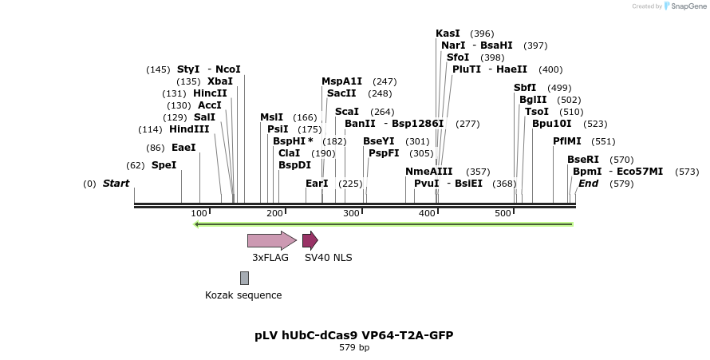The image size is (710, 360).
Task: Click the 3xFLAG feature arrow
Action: tap(271, 240)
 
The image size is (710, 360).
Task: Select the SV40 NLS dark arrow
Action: tap(310, 240)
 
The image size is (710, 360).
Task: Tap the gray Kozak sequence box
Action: tap(244, 278)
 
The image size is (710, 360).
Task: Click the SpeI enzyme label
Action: tap(164, 165)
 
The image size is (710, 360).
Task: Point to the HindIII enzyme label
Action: tap(189, 129)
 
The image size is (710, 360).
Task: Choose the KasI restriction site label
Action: tap(448, 34)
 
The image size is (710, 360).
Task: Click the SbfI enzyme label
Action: tap(525, 88)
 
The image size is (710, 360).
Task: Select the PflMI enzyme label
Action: tap(567, 141)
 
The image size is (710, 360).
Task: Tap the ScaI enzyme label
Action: tap(347, 112)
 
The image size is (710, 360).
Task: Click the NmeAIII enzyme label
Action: tap(428, 172)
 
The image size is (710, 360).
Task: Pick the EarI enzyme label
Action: tap(317, 184)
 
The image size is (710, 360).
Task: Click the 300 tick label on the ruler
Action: tap(351, 213)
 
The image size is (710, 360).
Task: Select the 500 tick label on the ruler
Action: tap(503, 213)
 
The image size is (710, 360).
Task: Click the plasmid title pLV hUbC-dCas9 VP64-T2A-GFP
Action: tap(354, 335)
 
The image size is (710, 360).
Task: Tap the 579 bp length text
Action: tap(354, 348)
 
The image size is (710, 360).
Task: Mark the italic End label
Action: tap(588, 184)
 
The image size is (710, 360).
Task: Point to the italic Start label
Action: tap(116, 184)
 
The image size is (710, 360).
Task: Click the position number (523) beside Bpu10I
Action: tap(595, 124)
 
